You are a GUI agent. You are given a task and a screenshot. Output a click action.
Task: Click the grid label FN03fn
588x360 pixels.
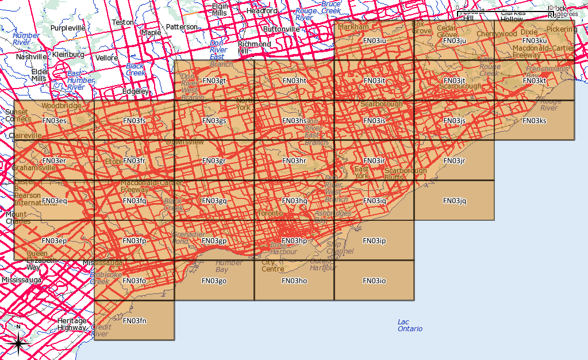tap(135, 321)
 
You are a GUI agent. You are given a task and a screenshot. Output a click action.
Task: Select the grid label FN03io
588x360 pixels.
tap(374, 281)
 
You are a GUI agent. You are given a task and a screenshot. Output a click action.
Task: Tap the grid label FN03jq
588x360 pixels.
tap(455, 201)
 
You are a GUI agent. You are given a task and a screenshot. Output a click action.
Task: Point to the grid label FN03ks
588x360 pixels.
tap(535, 121)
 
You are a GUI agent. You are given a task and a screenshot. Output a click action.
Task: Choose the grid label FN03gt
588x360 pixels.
tap(214, 81)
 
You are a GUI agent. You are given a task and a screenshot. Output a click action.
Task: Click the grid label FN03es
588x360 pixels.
tap(55, 121)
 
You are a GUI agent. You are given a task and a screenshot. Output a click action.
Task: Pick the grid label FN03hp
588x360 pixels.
tap(295, 240)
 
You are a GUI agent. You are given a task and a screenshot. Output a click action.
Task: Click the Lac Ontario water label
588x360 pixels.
tap(410, 325)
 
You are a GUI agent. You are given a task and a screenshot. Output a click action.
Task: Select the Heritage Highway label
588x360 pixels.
tap(72, 324)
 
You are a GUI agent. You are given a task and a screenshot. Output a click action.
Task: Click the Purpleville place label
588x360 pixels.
tap(68, 28)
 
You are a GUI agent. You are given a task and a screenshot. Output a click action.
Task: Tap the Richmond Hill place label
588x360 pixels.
tap(254, 47)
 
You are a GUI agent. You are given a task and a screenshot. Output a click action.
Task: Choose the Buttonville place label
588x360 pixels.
tap(281, 29)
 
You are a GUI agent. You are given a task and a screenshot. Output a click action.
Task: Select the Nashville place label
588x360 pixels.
tap(32, 57)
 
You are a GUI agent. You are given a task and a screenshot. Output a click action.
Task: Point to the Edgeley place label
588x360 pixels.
tap(136, 91)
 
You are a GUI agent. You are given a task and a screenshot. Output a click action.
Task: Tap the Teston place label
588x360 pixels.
tap(122, 22)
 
